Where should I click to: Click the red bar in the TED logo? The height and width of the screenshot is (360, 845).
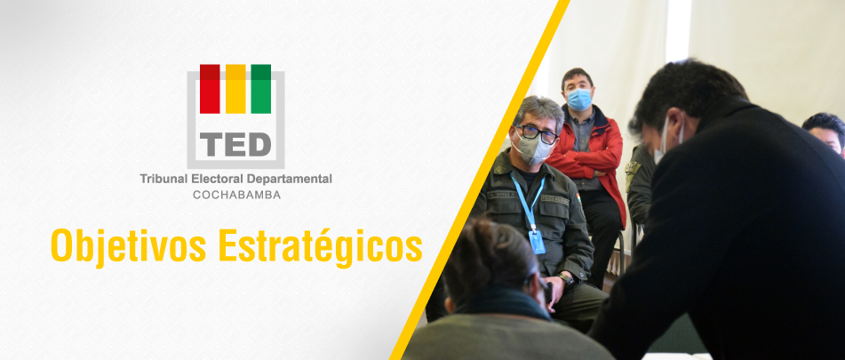pyautogui.click(x=210, y=89)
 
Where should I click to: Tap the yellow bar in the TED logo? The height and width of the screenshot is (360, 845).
pyautogui.click(x=235, y=89)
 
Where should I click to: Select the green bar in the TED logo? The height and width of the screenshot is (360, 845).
pyautogui.click(x=261, y=89)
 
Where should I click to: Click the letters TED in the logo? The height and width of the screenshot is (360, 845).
pyautogui.click(x=235, y=144)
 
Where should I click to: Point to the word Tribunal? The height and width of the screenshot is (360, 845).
pyautogui.click(x=161, y=179)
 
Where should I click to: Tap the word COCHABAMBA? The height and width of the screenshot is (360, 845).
pyautogui.click(x=236, y=195)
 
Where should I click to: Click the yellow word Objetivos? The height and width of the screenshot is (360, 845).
pyautogui.click(x=128, y=246)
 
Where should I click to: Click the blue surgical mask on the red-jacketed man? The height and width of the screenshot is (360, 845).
pyautogui.click(x=578, y=100)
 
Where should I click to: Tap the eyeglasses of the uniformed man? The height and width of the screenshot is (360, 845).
pyautogui.click(x=536, y=134)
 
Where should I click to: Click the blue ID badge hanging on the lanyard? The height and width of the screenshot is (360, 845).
pyautogui.click(x=537, y=242)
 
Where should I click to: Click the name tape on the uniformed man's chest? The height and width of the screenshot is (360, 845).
pyautogui.click(x=554, y=199)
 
